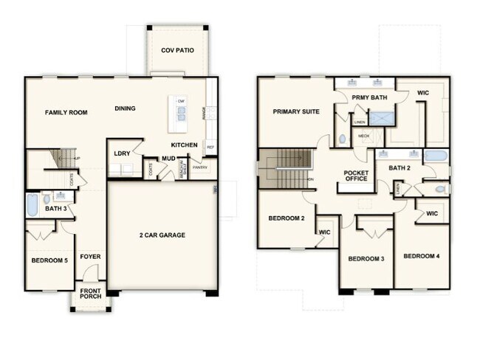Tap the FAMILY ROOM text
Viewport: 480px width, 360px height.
click(66, 113)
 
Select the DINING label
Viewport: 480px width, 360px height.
click(125, 109)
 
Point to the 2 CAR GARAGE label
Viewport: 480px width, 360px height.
click(162, 235)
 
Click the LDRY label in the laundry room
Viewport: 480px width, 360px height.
click(122, 153)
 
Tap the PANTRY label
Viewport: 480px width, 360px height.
click(200, 167)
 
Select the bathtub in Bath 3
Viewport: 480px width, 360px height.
click(32, 204)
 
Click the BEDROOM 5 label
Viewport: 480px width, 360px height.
click(49, 261)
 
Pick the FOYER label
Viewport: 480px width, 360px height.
click(90, 257)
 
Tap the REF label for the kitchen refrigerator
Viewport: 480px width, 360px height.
click(210, 148)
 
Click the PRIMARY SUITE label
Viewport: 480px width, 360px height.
click(296, 113)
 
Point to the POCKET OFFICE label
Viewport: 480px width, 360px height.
click(356, 176)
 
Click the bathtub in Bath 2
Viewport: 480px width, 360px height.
click(436, 156)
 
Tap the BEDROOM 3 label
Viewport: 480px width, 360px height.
click(367, 258)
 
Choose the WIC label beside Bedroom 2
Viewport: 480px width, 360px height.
click(324, 232)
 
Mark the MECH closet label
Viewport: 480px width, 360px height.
click(363, 136)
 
